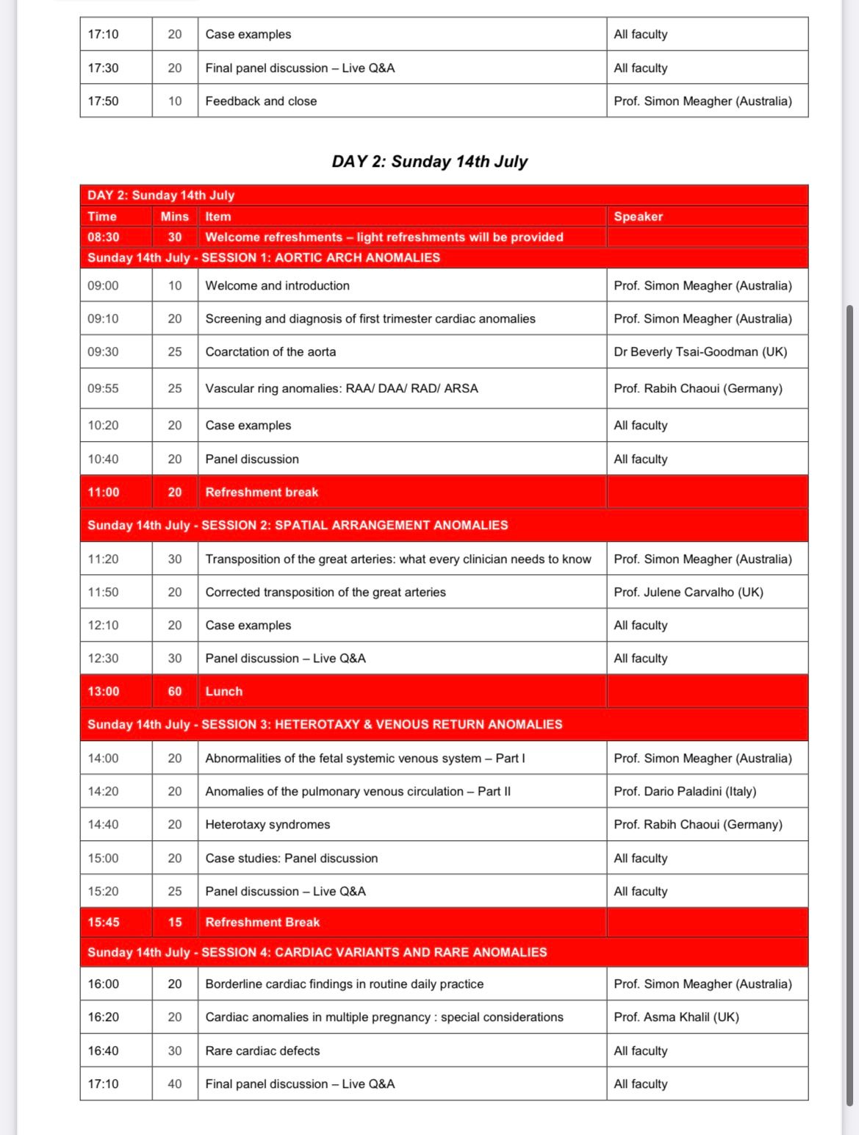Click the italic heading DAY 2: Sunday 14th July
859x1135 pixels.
point(429,162)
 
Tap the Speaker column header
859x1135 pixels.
point(638,216)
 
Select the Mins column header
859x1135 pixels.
point(174,216)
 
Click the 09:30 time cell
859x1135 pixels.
point(103,351)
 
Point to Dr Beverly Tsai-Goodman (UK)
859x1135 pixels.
point(700,351)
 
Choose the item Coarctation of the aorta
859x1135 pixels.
point(270,351)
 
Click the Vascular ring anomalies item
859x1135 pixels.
point(341,388)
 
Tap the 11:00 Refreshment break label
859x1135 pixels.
point(262,492)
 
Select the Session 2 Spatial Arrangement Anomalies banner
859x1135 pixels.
point(298,525)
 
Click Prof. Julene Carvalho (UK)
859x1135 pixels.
point(688,592)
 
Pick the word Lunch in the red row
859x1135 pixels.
point(223,691)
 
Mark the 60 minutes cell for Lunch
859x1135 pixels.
point(174,691)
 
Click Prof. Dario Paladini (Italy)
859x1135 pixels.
point(685,791)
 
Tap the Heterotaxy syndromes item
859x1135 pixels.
point(267,824)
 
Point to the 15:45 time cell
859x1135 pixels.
point(103,922)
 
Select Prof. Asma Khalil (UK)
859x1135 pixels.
point(676,1017)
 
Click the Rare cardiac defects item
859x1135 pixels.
point(262,1050)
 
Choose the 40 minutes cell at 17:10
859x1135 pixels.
point(174,1084)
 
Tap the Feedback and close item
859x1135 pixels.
point(261,101)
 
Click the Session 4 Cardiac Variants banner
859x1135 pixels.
point(317,952)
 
